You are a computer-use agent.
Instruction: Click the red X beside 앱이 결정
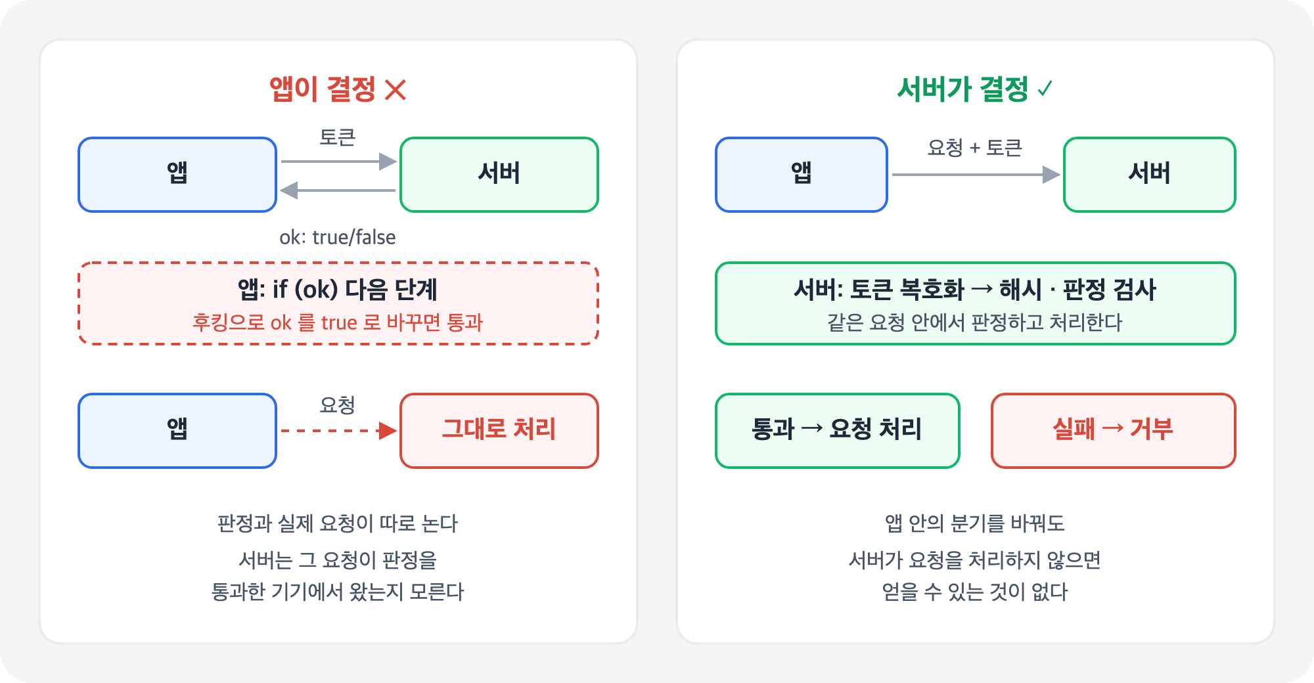[396, 89]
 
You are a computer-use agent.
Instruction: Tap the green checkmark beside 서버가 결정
[1045, 88]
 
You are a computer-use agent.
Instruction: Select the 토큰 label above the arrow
[337, 137]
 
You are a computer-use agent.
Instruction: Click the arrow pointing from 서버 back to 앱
[338, 190]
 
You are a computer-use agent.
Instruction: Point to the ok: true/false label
[338, 237]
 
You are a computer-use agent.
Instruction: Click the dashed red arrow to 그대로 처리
[339, 431]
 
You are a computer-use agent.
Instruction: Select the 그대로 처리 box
[499, 431]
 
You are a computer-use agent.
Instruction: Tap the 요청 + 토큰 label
[975, 148]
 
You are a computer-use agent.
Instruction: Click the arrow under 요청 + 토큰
[976, 175]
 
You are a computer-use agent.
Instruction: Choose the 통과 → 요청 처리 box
[838, 431]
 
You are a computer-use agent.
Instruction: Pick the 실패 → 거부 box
[1114, 431]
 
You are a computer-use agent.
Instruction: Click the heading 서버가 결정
[963, 89]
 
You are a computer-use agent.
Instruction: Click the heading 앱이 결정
[323, 89]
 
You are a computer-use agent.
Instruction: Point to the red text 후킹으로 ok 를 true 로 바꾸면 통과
[338, 322]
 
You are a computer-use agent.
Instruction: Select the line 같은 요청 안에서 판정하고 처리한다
[975, 322]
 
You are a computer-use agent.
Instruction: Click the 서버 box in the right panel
[1150, 175]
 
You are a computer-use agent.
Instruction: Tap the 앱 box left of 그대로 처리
[177, 431]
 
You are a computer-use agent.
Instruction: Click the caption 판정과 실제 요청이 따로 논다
[338, 523]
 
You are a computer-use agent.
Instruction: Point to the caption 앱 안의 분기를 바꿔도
[975, 523]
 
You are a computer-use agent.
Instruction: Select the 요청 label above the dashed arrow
[337, 405]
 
